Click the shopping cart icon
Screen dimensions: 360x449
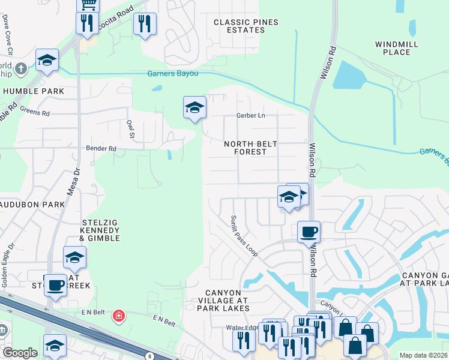tap(88, 5)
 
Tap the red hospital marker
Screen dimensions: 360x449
tap(119, 316)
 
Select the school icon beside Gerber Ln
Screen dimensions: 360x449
tap(194, 107)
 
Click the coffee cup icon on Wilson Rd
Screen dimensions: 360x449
tap(309, 232)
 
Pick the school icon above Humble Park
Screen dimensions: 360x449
tap(47, 60)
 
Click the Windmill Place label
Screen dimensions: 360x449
tap(393, 48)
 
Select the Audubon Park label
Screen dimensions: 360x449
tap(32, 205)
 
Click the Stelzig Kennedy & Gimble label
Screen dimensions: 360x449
tap(100, 230)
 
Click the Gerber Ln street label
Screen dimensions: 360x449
tap(252, 115)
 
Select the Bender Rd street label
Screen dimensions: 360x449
tap(101, 148)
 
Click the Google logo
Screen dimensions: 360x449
tap(20, 352)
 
